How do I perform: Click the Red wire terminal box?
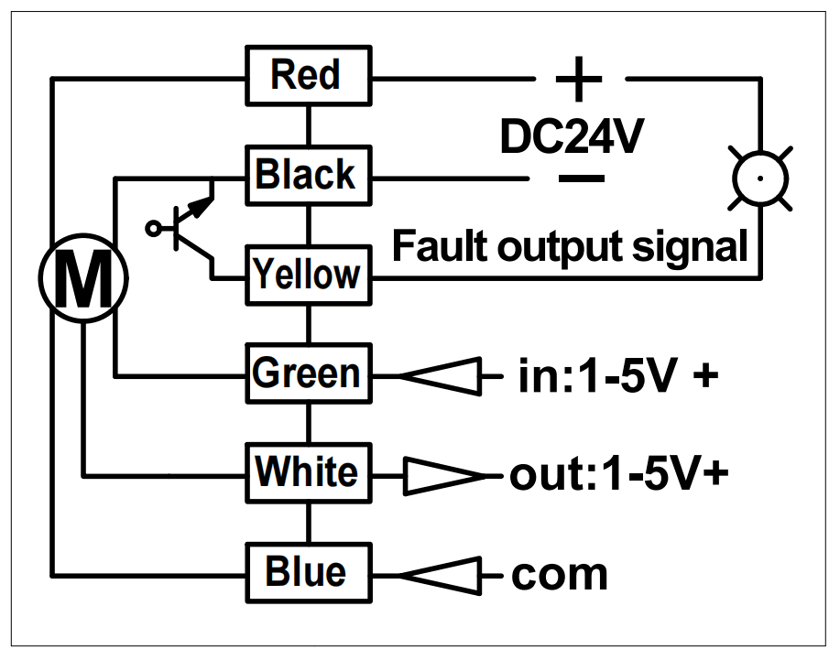pyautogui.click(x=308, y=75)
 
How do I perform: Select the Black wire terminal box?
pyautogui.click(x=308, y=174)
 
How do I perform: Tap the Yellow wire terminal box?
pyautogui.click(x=308, y=274)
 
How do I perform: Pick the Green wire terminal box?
pyautogui.click(x=308, y=373)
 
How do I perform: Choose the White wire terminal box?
pyautogui.click(x=308, y=472)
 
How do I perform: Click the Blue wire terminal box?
pyautogui.click(x=308, y=572)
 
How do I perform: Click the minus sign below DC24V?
pyautogui.click(x=580, y=177)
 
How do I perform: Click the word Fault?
pyautogui.click(x=436, y=246)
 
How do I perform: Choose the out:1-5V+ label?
pyautogui.click(x=619, y=474)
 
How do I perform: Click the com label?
pyautogui.click(x=559, y=575)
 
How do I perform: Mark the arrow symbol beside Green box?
pyautogui.click(x=441, y=375)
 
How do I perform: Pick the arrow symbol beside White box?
pyautogui.click(x=442, y=474)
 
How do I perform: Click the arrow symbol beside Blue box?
pyautogui.click(x=441, y=575)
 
